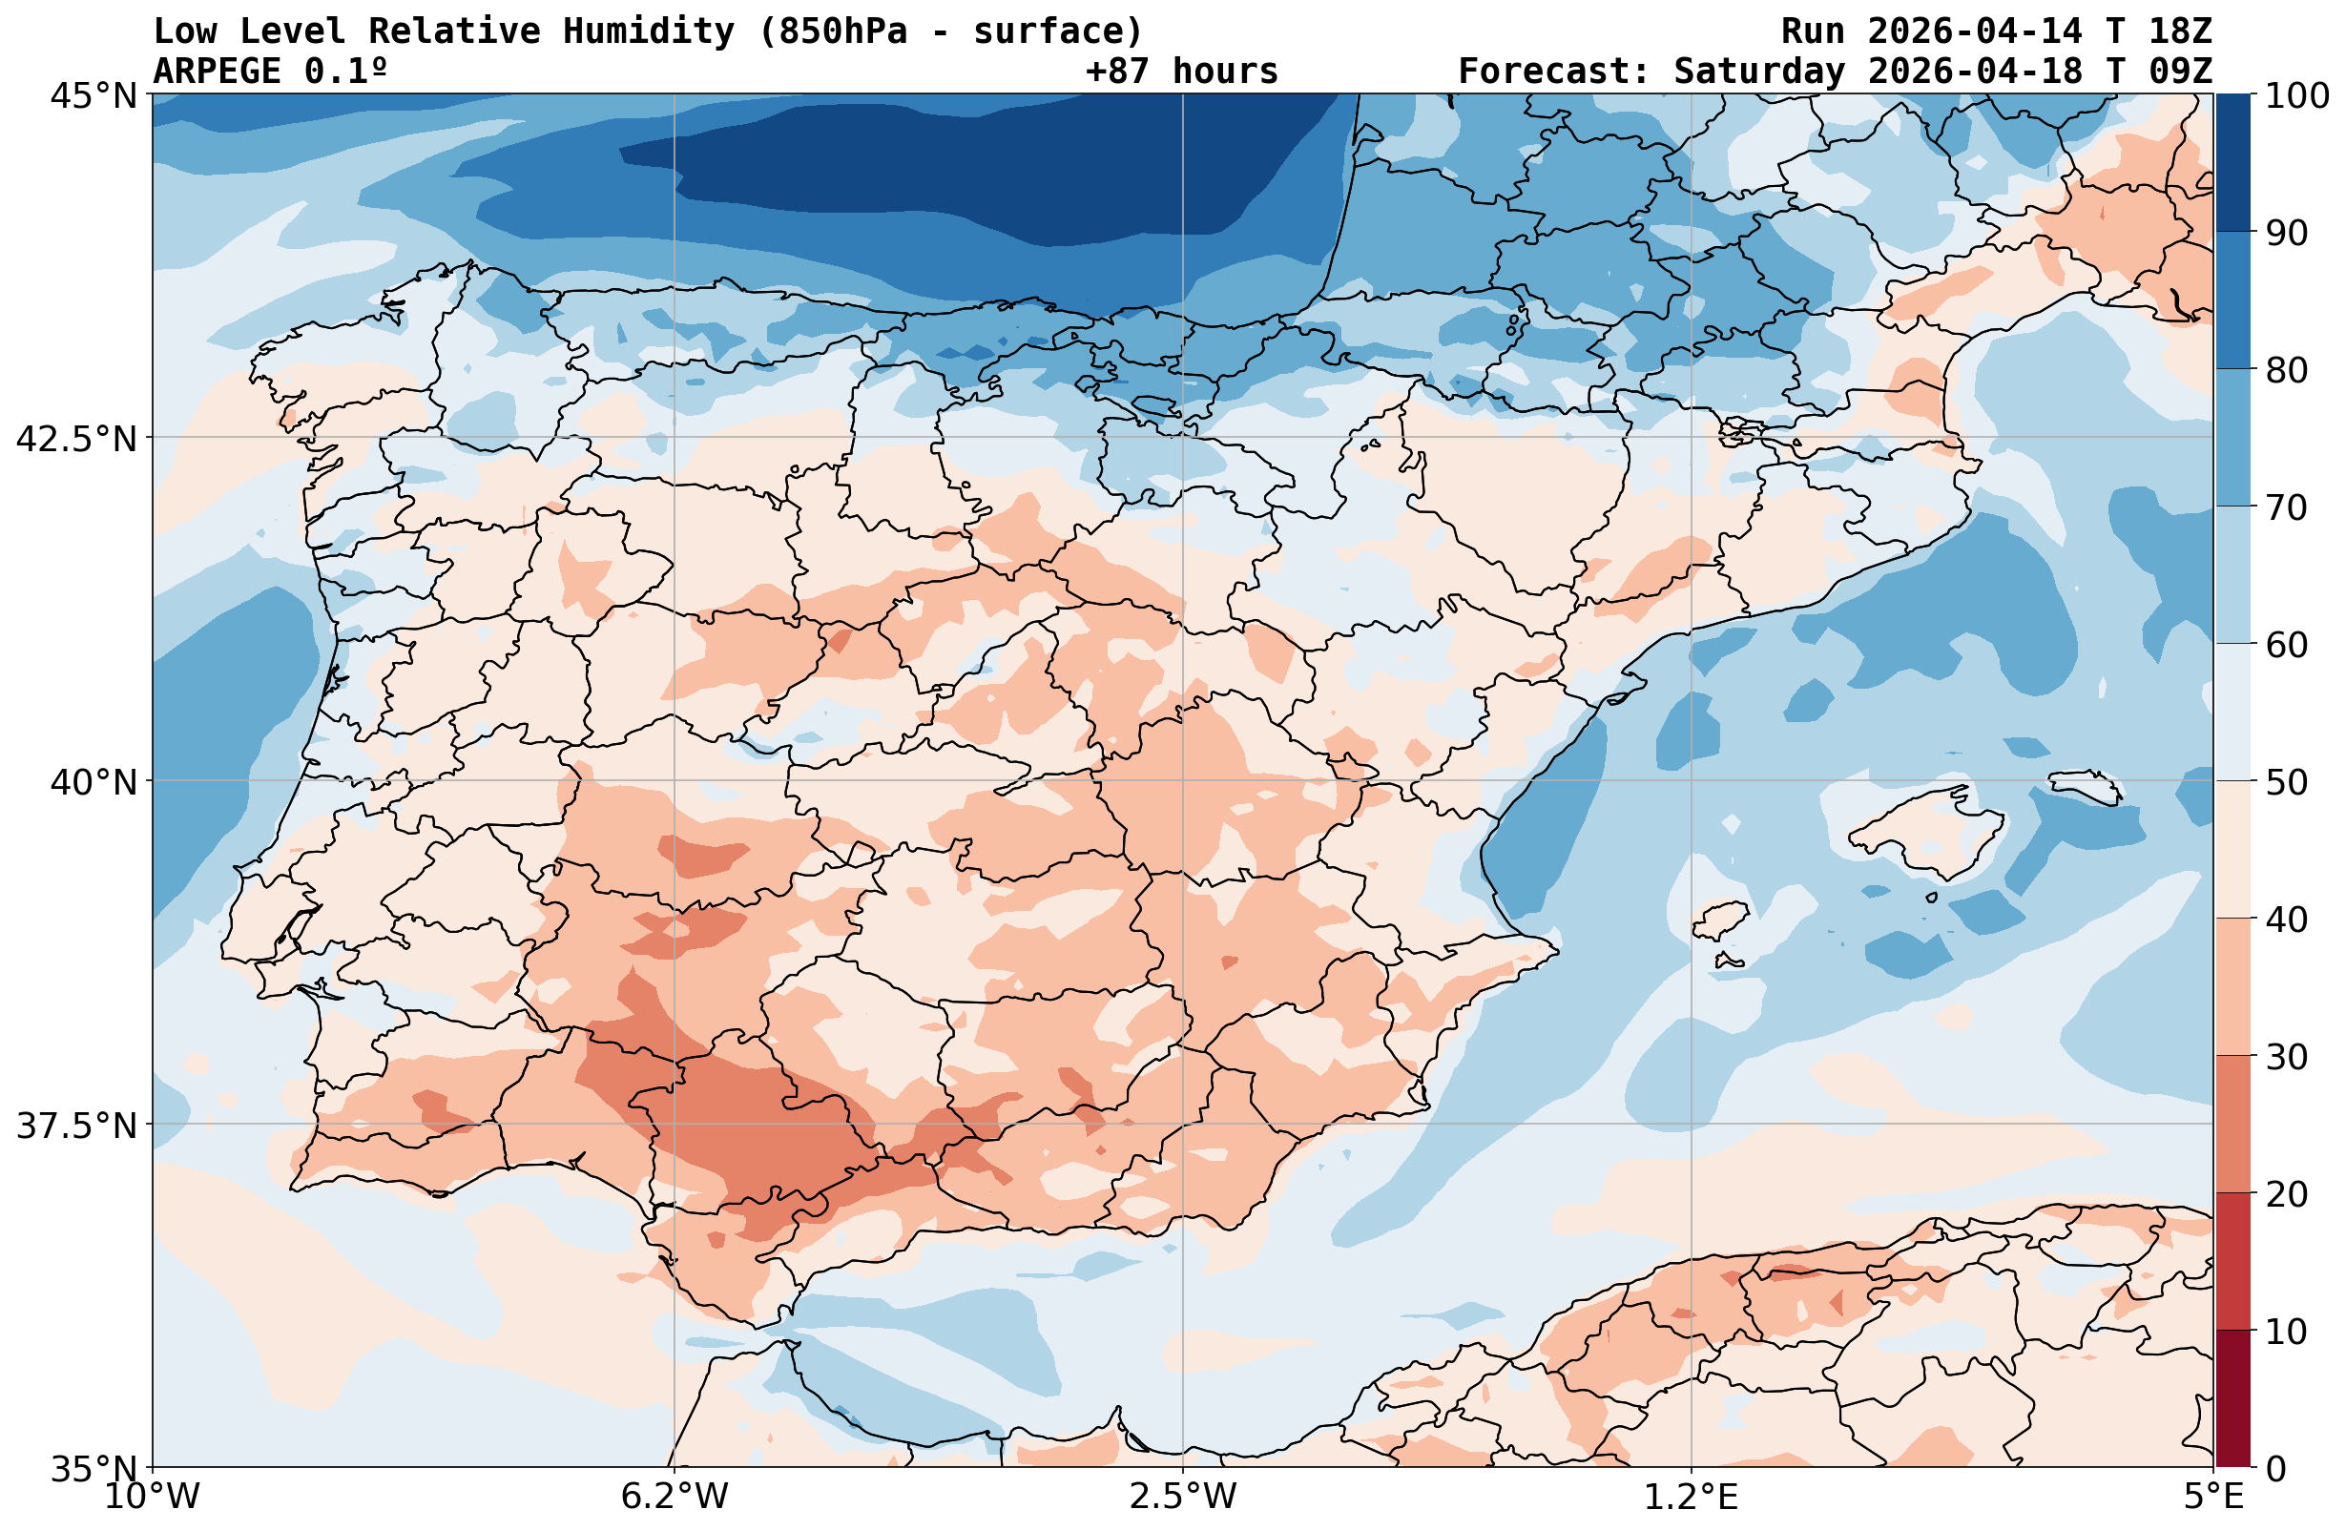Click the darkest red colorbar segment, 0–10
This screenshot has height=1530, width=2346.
pyautogui.click(x=2232, y=1398)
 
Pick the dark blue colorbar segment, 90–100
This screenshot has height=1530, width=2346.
pyautogui.click(x=2232, y=163)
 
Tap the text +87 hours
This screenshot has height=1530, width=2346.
pyautogui.click(x=1181, y=71)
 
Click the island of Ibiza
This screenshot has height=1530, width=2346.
pyautogui.click(x=1721, y=920)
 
